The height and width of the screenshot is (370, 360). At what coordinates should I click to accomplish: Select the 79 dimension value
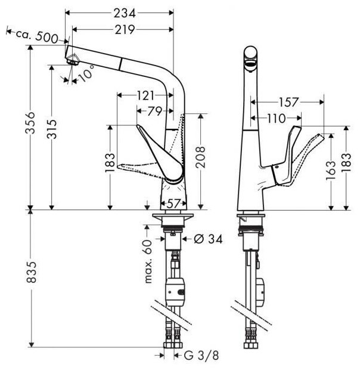(154, 110)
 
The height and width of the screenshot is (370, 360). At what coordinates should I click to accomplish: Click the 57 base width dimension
(173, 203)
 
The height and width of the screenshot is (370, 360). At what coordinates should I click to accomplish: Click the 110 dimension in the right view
(275, 119)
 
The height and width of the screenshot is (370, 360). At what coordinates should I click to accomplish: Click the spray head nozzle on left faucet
(73, 60)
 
